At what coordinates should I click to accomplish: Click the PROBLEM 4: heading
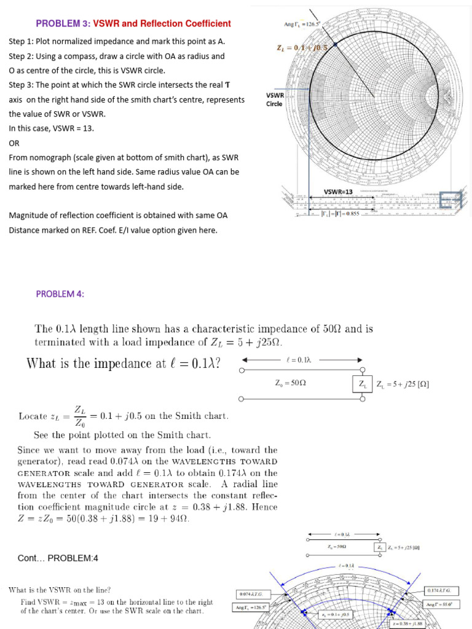(x=60, y=294)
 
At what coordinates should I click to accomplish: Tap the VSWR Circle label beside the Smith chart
(x=275, y=100)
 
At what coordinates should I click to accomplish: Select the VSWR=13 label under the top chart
(x=338, y=192)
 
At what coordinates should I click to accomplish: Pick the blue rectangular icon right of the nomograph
(x=450, y=200)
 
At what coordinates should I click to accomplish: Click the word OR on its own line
(x=14, y=143)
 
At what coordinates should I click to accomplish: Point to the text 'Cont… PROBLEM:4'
(x=58, y=558)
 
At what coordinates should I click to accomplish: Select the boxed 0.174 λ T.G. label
(x=442, y=590)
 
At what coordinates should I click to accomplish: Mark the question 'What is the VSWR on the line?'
(x=60, y=590)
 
